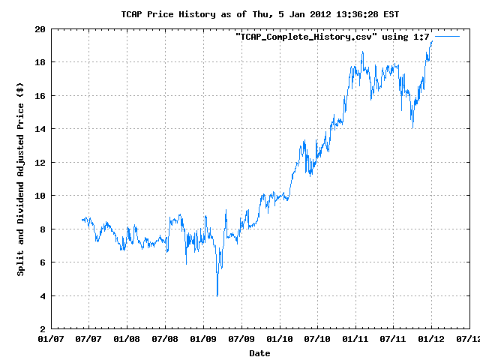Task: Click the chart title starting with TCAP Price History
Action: (240, 14)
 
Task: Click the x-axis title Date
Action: (259, 352)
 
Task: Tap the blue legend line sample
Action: (447, 36)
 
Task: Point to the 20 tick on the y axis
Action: (39, 28)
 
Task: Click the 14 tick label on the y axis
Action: (39, 129)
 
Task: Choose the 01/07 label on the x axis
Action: (51, 340)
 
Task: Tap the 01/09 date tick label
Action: (203, 340)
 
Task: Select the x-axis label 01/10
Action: (279, 340)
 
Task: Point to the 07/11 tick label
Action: (393, 340)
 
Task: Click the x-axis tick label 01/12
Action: (431, 340)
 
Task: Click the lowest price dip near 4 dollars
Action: (217, 295)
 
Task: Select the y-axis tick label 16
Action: (39, 95)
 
